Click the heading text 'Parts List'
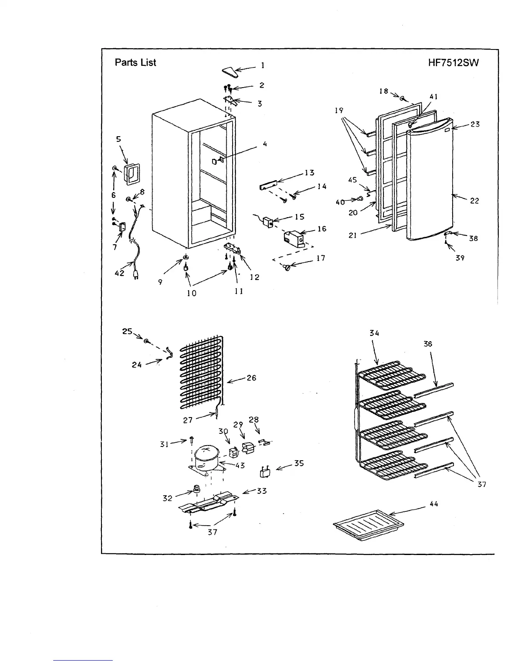pos(135,62)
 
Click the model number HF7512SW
pos(453,63)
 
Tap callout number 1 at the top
pos(263,65)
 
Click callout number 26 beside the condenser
pos(251,378)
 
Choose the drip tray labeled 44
pos(368,521)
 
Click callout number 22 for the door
pos(474,201)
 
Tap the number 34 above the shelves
pos(374,333)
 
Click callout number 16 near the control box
pos(321,229)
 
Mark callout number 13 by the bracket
pos(309,173)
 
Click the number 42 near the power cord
pos(119,273)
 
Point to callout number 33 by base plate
pos(262,491)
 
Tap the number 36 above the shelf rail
pos(427,344)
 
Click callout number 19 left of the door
pos(339,111)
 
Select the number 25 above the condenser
pos(127,331)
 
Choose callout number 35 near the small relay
pos(299,464)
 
